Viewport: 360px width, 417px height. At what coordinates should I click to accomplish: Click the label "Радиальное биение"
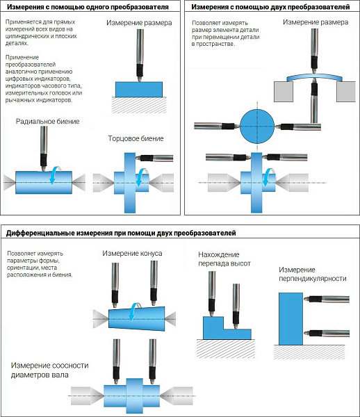point(47,122)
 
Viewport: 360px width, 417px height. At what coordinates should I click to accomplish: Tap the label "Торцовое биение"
point(136,138)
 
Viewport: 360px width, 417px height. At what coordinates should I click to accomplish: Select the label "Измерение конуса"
point(132,253)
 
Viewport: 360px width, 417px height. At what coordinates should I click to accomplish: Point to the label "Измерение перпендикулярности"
point(313,275)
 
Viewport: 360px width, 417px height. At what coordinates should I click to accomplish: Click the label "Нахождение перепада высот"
point(224,259)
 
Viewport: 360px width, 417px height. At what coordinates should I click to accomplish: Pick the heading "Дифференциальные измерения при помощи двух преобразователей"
point(121,234)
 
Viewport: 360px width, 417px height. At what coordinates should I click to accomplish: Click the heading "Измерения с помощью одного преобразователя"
point(88,7)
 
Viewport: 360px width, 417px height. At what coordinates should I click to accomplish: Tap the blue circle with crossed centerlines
point(257,126)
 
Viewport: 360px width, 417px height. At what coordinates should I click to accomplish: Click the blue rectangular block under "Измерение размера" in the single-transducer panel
point(139,90)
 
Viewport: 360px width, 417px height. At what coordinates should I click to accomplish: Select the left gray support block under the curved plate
point(284,92)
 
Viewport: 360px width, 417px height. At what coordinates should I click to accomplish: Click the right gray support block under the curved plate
point(346,92)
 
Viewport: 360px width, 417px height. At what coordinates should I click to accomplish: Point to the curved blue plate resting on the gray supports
point(314,77)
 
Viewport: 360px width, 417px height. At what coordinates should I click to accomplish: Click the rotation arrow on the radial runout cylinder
point(55,174)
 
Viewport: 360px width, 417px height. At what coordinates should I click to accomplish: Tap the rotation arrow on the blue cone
point(134,311)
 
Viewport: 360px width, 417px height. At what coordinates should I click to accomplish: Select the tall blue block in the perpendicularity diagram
point(291,319)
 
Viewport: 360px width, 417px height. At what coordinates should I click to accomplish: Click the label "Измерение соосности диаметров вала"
point(49,370)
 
